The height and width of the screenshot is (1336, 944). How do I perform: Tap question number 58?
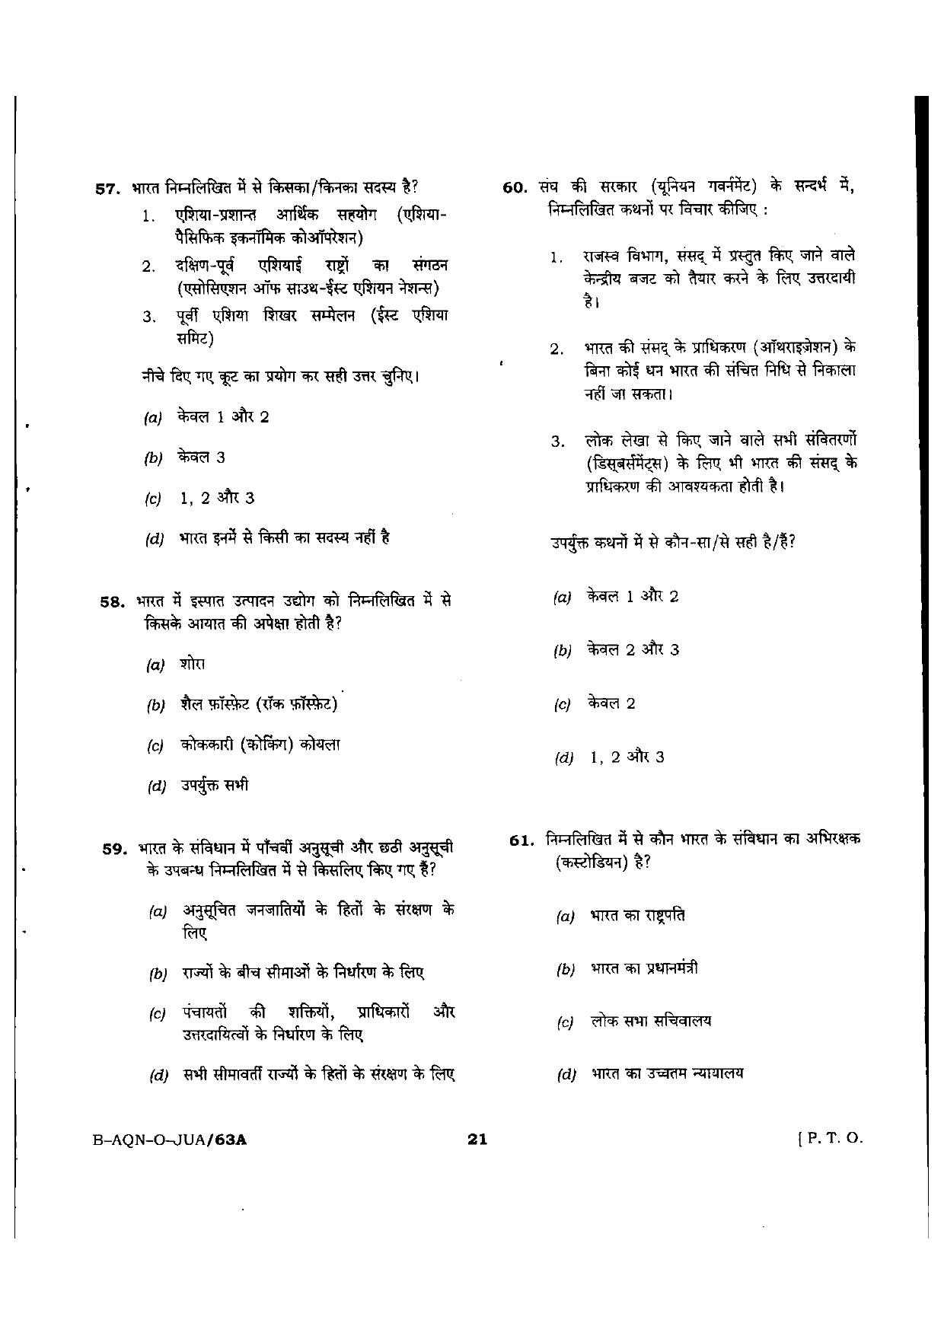coord(112,601)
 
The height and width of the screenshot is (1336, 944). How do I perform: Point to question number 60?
coord(515,188)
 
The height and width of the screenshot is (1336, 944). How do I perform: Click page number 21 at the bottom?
coord(477,1139)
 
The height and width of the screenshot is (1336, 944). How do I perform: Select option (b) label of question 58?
coord(155,706)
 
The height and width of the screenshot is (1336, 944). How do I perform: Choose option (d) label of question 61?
coord(566,1075)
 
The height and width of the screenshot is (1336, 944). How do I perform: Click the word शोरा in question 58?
coord(193,663)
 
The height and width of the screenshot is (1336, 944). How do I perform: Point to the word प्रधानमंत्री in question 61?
coord(662,968)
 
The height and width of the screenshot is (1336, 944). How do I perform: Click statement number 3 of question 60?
coord(557,442)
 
